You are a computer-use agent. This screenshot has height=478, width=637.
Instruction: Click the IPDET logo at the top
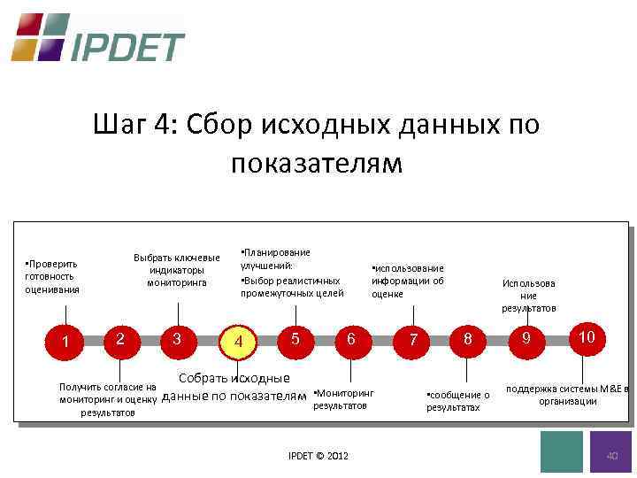(x=97, y=37)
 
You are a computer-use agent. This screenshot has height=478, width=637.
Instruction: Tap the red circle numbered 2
(x=121, y=338)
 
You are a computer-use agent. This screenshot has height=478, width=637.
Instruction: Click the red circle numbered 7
(x=411, y=340)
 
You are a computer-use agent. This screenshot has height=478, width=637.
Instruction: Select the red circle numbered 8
(x=468, y=338)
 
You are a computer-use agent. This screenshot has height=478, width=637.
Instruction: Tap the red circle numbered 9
(x=526, y=339)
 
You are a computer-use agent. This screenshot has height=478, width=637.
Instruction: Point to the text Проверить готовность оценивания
(x=52, y=276)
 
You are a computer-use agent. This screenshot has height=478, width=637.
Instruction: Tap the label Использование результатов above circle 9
(x=529, y=296)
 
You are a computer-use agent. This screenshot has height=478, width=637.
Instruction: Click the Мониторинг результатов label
(x=343, y=399)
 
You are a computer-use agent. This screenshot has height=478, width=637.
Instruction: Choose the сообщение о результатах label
(x=457, y=401)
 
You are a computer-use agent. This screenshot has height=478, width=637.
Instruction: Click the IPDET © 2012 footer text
(x=318, y=456)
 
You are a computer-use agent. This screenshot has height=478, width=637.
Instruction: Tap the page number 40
(x=611, y=454)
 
